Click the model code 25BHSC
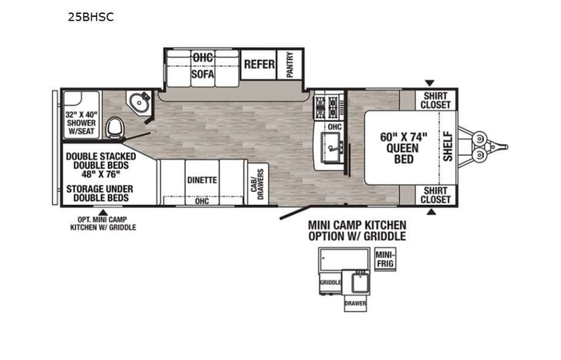click(91, 17)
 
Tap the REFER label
click(259, 64)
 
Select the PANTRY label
click(290, 64)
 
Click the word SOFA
click(203, 74)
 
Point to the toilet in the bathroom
click(116, 127)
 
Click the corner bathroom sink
click(139, 103)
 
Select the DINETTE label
click(202, 180)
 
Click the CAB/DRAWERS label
click(258, 184)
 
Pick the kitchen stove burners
click(326, 107)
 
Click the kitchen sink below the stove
click(332, 147)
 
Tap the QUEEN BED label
click(404, 148)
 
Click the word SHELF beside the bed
click(448, 147)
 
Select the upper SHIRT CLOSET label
click(435, 101)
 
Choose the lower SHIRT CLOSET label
click(435, 195)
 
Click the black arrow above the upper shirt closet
click(430, 83)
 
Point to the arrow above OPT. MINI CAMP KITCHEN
click(103, 212)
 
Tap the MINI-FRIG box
click(385, 259)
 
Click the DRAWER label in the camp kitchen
click(355, 303)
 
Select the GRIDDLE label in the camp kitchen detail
click(330, 282)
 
